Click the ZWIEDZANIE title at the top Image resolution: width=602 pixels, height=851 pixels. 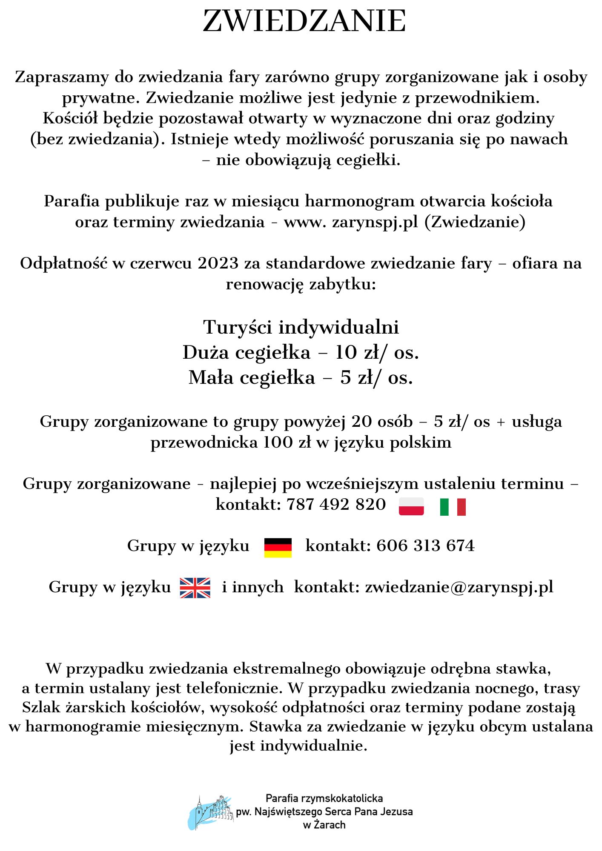304,21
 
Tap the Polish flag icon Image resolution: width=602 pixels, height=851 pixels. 411,506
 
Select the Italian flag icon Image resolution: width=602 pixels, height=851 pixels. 453,507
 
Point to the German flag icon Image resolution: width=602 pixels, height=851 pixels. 278,548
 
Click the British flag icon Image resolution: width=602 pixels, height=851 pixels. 195,588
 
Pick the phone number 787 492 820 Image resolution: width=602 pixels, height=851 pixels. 336,505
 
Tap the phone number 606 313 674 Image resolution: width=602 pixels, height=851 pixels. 425,546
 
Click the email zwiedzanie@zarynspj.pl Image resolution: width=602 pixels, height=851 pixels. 459,587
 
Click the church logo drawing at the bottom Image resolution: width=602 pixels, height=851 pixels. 211,812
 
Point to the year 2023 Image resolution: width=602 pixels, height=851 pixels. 218,263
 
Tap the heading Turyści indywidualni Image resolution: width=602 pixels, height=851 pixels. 301,327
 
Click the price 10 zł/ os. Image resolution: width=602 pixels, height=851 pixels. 377,353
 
